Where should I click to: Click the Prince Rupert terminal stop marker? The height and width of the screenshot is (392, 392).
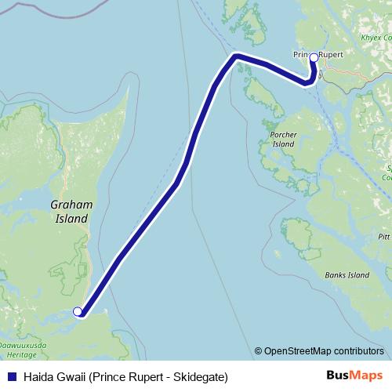[x=314, y=56]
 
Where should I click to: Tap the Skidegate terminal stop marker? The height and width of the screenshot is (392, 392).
[x=78, y=312]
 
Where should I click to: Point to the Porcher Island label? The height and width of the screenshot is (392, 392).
[x=282, y=140]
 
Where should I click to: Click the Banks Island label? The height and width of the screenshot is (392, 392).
[x=347, y=275]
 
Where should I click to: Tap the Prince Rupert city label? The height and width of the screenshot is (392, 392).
[x=314, y=55]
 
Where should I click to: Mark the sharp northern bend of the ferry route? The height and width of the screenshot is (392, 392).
[x=234, y=56]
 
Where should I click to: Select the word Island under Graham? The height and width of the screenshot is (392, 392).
[x=71, y=219]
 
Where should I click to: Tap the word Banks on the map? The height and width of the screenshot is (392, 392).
[x=335, y=275]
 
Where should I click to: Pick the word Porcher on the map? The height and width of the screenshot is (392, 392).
[x=282, y=135]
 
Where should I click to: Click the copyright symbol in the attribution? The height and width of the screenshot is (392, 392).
[x=259, y=351]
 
